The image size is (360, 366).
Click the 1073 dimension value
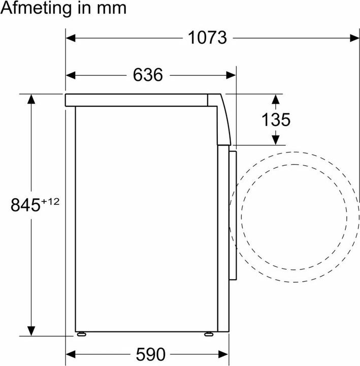coord(207,37)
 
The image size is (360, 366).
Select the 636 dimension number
coord(148,75)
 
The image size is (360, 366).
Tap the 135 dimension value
coord(276,120)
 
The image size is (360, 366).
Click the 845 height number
coord(25,206)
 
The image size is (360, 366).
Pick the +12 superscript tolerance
coord(50,202)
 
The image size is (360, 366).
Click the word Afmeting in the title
coord(38,9)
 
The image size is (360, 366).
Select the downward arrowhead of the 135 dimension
coord(276,140)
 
